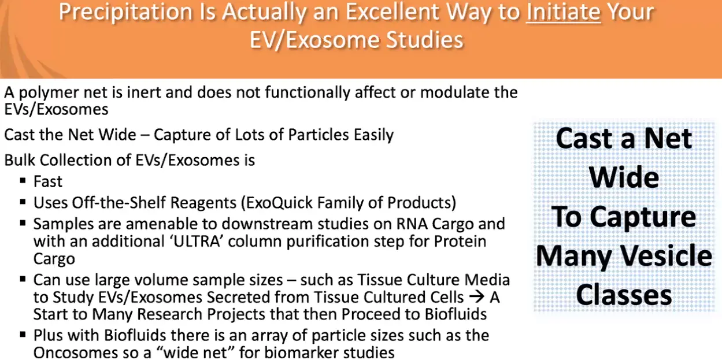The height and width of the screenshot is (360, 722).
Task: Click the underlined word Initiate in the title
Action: (x=564, y=12)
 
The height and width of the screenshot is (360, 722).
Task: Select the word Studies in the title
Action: (x=425, y=40)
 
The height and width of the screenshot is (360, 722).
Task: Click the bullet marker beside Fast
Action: (x=23, y=180)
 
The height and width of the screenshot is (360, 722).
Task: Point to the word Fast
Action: (x=48, y=181)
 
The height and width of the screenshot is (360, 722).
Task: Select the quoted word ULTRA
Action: (x=197, y=241)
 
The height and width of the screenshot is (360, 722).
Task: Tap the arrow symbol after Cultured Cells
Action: (x=477, y=297)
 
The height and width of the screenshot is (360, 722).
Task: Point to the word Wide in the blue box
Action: (x=624, y=177)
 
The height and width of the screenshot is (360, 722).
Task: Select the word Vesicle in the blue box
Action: (x=667, y=255)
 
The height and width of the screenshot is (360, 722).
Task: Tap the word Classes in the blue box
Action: (x=624, y=295)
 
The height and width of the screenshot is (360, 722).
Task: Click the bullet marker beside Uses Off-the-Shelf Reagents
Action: (x=23, y=202)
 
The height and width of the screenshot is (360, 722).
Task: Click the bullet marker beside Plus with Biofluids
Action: (x=23, y=335)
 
